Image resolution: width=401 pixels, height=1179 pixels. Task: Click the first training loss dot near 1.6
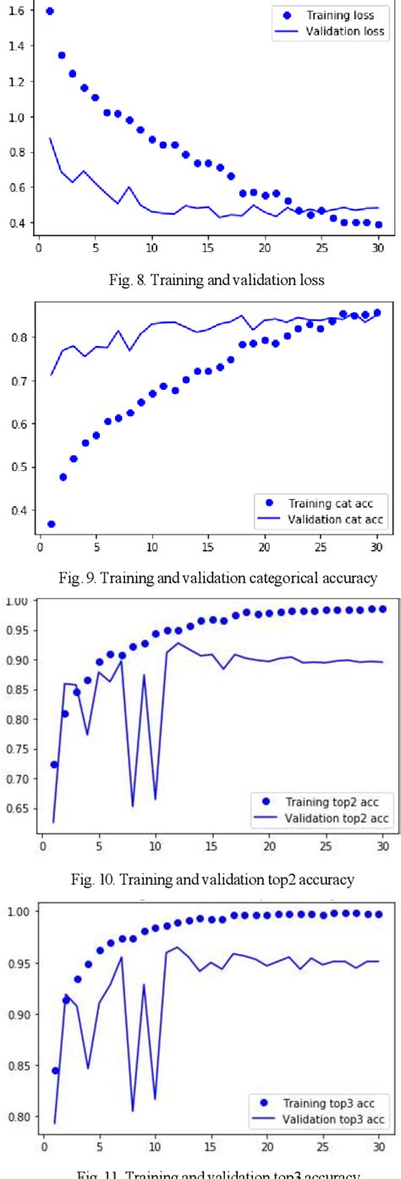tap(50, 11)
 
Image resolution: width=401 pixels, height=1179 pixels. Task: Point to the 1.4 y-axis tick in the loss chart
tap(15, 46)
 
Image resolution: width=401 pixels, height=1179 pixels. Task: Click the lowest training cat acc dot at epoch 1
tap(52, 524)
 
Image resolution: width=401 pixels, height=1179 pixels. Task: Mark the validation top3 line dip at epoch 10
tap(155, 1099)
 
